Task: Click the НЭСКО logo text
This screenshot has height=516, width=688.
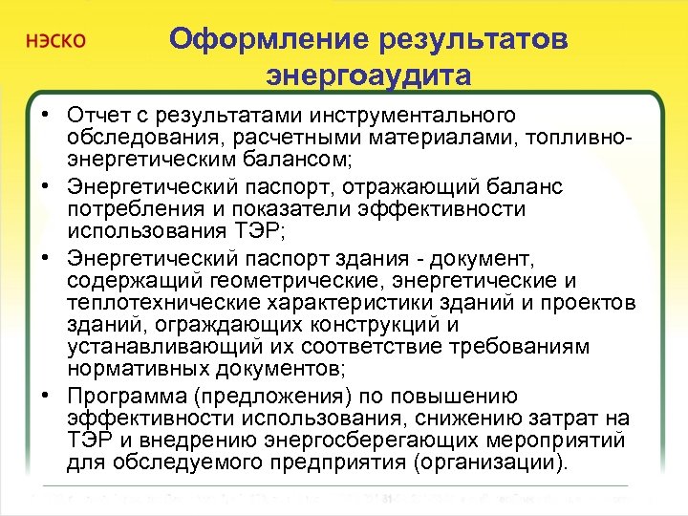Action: (56, 42)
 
